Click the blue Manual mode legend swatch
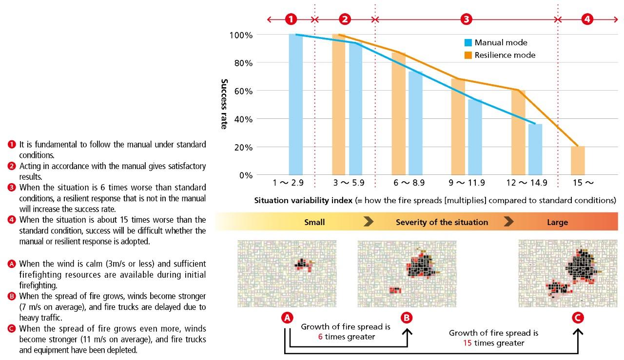468,43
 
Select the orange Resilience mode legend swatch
468,56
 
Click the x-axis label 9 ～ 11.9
467,183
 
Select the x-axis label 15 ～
582,183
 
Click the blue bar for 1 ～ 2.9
295,104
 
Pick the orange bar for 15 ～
578,160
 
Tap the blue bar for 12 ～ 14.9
535,150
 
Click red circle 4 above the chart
588,19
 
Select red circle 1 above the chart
291,19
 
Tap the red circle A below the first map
287,318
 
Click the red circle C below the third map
577,318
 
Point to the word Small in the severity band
314,222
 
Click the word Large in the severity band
557,222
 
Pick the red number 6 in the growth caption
319,337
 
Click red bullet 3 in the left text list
12,188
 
